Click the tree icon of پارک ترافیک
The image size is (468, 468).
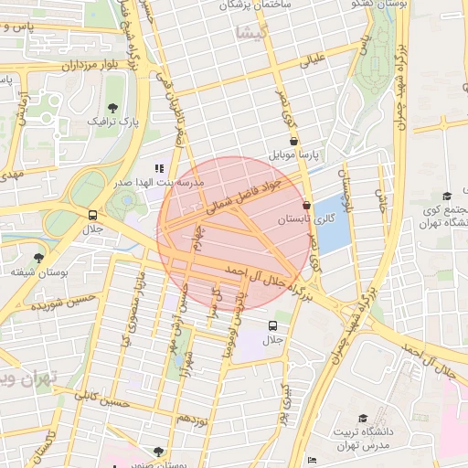point(113,109)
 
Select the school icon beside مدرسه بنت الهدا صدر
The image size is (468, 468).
point(159,168)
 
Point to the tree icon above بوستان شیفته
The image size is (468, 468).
point(37,259)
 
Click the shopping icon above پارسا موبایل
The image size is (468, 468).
point(292,142)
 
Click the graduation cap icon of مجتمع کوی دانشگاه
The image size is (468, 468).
point(447,196)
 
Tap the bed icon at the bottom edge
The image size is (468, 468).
point(313,460)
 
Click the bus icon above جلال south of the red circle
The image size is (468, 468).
point(272,325)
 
